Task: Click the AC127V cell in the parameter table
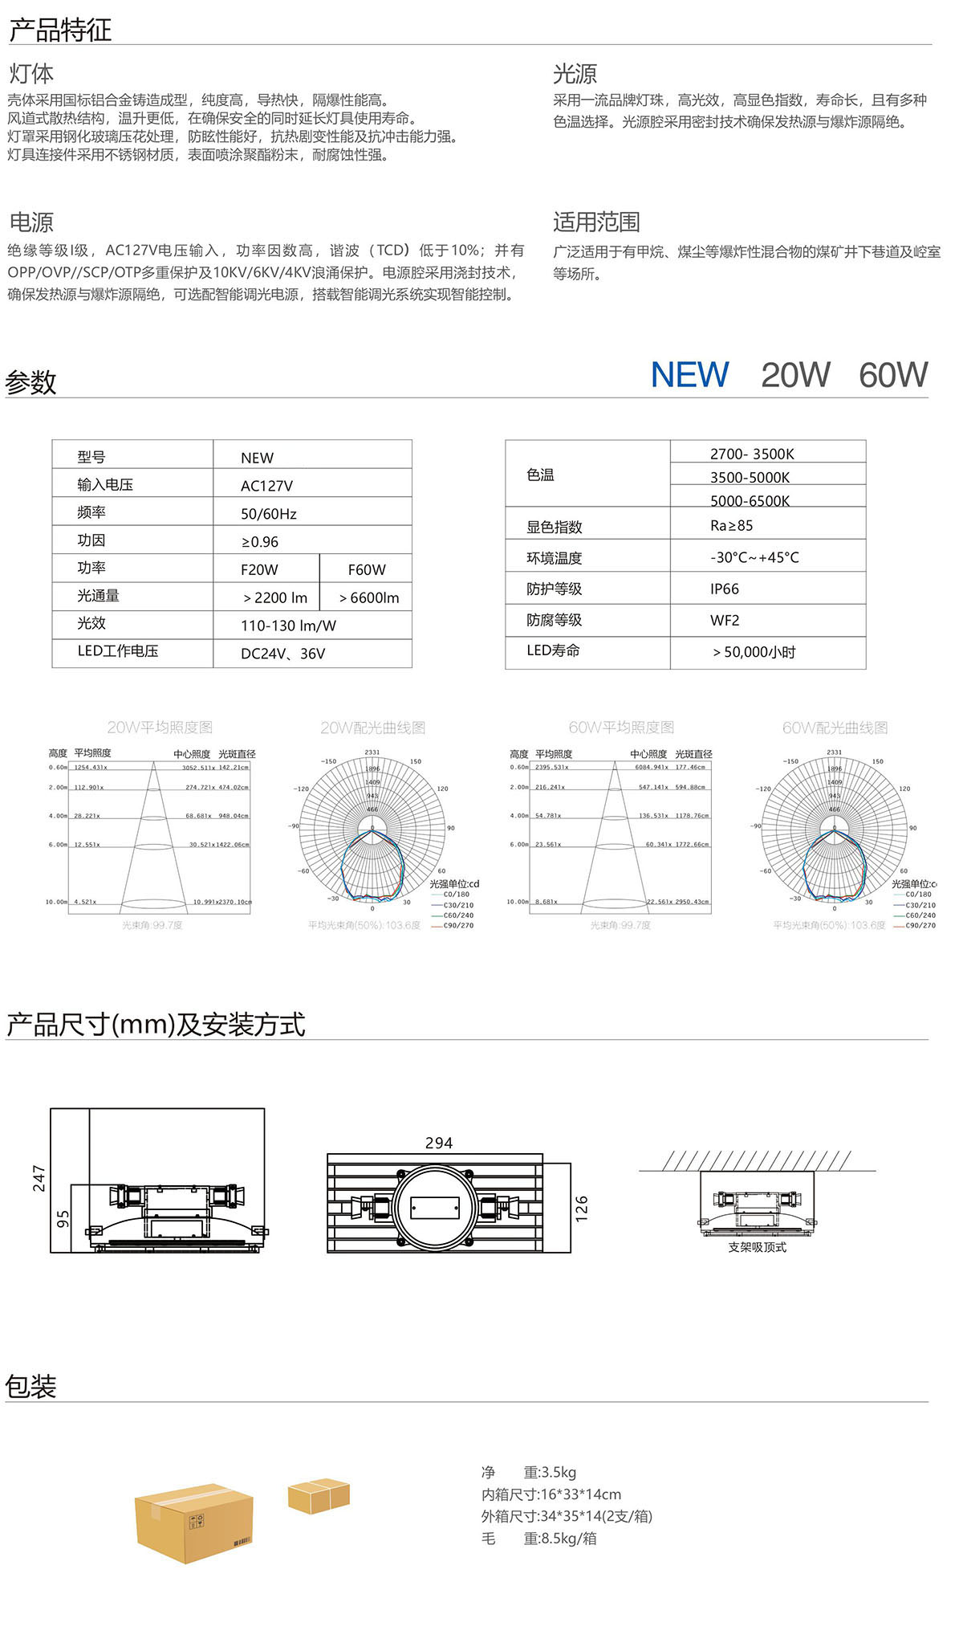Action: pyautogui.click(x=266, y=486)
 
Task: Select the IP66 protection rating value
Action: pyautogui.click(x=724, y=589)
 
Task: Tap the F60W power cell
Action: pyautogui.click(x=367, y=569)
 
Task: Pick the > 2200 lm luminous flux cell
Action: pyautogui.click(x=275, y=597)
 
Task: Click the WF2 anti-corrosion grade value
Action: pyautogui.click(x=724, y=620)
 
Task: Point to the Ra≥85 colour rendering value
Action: pyautogui.click(x=731, y=525)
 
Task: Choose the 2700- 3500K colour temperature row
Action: pyautogui.click(x=752, y=454)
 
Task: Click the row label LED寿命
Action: pyautogui.click(x=553, y=650)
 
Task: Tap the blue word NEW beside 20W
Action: pyautogui.click(x=689, y=375)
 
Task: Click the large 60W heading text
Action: pyautogui.click(x=892, y=375)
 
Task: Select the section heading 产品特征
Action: pyautogui.click(x=59, y=30)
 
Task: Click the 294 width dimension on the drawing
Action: pyautogui.click(x=439, y=1143)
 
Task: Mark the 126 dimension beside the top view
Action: pyautogui.click(x=582, y=1209)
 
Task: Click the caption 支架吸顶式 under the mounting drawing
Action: pyautogui.click(x=757, y=1247)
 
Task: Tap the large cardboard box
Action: pyautogui.click(x=194, y=1523)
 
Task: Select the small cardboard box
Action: pyautogui.click(x=319, y=1496)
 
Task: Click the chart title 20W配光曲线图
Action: pyautogui.click(x=372, y=728)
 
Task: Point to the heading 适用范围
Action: pyautogui.click(x=596, y=222)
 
